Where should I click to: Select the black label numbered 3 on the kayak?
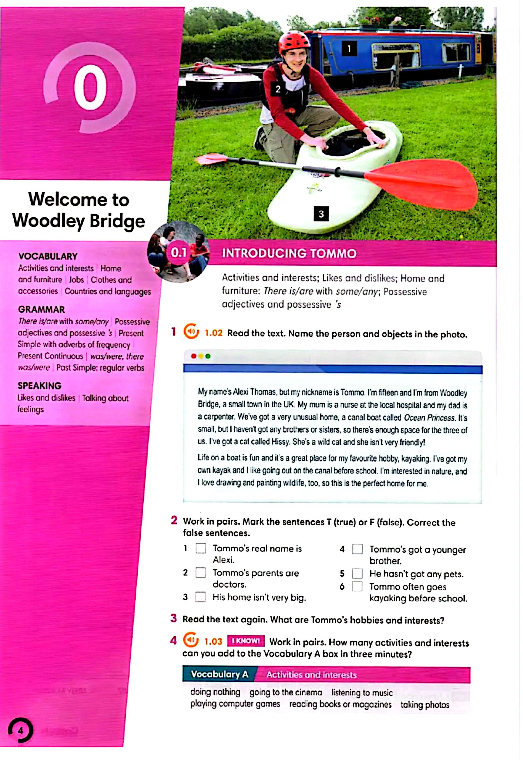[321, 214]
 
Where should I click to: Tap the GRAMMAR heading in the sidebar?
[42, 309]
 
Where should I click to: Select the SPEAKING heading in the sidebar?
[40, 386]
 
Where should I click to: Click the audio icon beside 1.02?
[191, 332]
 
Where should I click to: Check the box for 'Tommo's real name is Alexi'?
[200, 548]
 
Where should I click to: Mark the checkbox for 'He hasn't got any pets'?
[357, 573]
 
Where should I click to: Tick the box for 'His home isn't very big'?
[200, 597]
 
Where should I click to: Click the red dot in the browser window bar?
[194, 356]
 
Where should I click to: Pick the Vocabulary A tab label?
[219, 674]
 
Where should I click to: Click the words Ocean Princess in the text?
[429, 418]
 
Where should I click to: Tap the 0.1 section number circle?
[179, 253]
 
